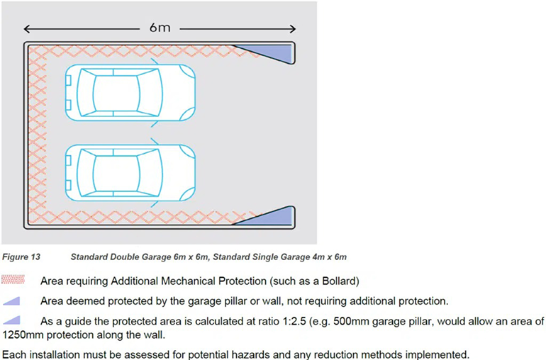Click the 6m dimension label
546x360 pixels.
coord(160,28)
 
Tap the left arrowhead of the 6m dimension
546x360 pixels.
coord(27,29)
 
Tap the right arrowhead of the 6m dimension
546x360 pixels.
coord(292,29)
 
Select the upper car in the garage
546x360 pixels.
coord(130,93)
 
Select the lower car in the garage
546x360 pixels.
coord(130,173)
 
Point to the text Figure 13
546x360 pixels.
coord(21,257)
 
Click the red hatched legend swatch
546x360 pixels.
coord(13,280)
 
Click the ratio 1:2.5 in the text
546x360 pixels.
coord(292,320)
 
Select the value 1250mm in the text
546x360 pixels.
coord(23,335)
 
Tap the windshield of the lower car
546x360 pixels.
coord(150,173)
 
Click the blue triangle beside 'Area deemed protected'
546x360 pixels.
coord(11,300)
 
